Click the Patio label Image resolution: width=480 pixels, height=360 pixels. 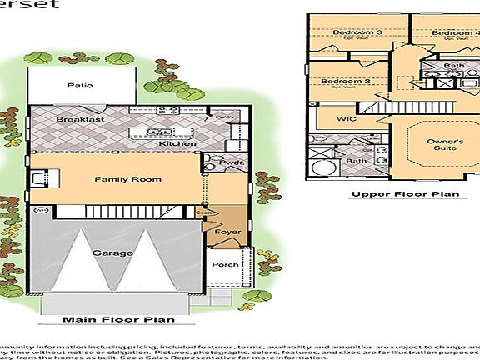pos(80,86)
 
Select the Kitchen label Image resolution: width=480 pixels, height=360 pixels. pos(177,143)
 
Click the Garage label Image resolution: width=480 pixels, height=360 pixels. pos(112,252)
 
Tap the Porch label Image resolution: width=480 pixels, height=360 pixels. pos(225,265)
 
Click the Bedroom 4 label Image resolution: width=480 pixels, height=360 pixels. pos(455,32)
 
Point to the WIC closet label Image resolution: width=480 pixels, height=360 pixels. pos(347,119)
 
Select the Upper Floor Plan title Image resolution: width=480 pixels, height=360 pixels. pos(405,195)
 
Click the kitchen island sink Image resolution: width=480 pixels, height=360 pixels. pos(155,132)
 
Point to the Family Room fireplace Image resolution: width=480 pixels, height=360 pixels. pos(38,177)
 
